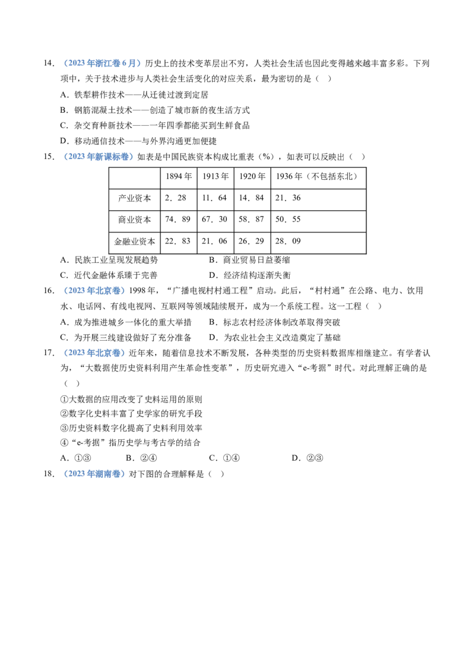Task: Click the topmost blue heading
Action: pos(102,64)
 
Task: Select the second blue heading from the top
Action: pos(97,157)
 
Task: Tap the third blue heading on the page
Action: pos(94,290)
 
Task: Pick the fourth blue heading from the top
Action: pos(94,353)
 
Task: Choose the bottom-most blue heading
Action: pos(94,474)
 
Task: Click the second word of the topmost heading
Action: pos(109,64)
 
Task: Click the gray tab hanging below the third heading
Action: pos(102,296)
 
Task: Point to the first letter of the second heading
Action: pos(65,157)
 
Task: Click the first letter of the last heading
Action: pos(65,474)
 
